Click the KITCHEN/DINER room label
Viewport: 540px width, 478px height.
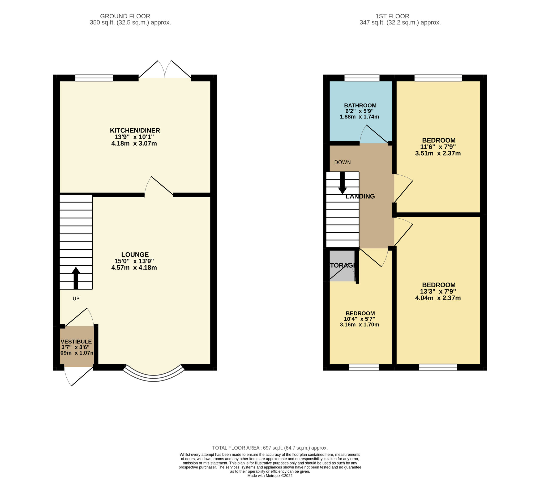click(135, 130)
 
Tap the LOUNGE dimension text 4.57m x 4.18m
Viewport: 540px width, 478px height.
click(134, 268)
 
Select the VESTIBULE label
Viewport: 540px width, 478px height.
click(76, 342)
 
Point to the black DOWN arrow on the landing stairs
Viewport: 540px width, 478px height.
click(342, 183)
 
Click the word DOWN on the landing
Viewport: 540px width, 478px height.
click(342, 163)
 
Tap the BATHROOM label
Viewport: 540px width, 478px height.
click(360, 105)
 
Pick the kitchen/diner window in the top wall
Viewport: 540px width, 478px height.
click(94, 78)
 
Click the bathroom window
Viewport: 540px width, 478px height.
click(362, 78)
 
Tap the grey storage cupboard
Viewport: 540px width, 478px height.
click(342, 266)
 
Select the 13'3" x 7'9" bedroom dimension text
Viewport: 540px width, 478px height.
click(438, 292)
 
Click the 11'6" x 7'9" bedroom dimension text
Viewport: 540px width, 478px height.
click(438, 147)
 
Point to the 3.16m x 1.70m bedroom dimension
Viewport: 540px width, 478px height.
click(359, 325)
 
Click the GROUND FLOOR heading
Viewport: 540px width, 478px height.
click(125, 16)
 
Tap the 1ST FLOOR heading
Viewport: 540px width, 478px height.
click(392, 16)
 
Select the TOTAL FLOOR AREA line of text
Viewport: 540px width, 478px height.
click(270, 448)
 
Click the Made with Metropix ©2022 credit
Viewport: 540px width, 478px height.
click(270, 476)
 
